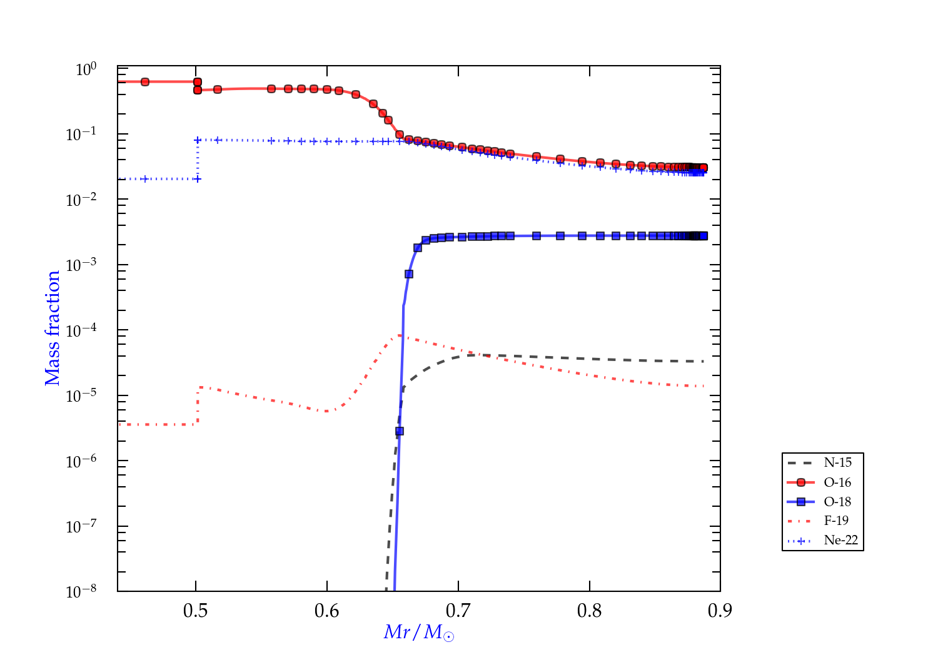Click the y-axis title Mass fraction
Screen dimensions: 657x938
coord(53,328)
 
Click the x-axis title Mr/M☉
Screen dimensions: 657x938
coord(419,633)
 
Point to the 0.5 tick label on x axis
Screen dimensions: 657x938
coord(196,611)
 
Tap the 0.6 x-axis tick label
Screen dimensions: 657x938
coord(327,611)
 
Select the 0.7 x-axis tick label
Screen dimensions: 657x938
coord(458,611)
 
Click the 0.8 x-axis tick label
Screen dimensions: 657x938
coord(590,611)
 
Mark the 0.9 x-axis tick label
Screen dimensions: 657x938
coord(720,611)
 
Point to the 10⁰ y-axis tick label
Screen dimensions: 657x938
coord(86,69)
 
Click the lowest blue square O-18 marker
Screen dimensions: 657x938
coord(400,431)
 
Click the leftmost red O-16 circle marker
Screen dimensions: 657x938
coord(145,82)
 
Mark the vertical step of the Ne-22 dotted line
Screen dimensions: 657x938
coord(198,160)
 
